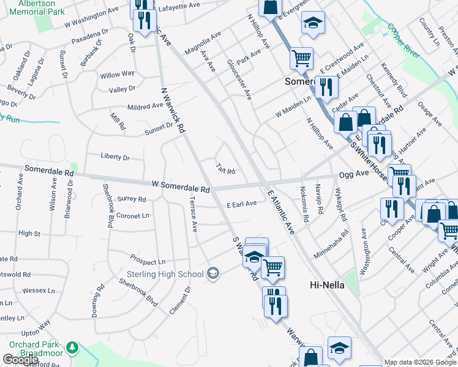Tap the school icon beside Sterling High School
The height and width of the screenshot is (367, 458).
213,273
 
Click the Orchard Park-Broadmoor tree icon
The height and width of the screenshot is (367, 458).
72,347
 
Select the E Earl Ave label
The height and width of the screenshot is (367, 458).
241,204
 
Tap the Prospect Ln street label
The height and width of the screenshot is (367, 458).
148,261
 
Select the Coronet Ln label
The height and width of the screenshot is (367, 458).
133,216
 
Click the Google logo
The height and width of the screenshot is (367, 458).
20,360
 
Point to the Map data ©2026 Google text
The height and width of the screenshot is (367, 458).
420,362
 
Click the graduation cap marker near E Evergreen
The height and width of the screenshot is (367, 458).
313,24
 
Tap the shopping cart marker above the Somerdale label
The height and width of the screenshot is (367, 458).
301,59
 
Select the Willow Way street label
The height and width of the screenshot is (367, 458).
118,74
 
